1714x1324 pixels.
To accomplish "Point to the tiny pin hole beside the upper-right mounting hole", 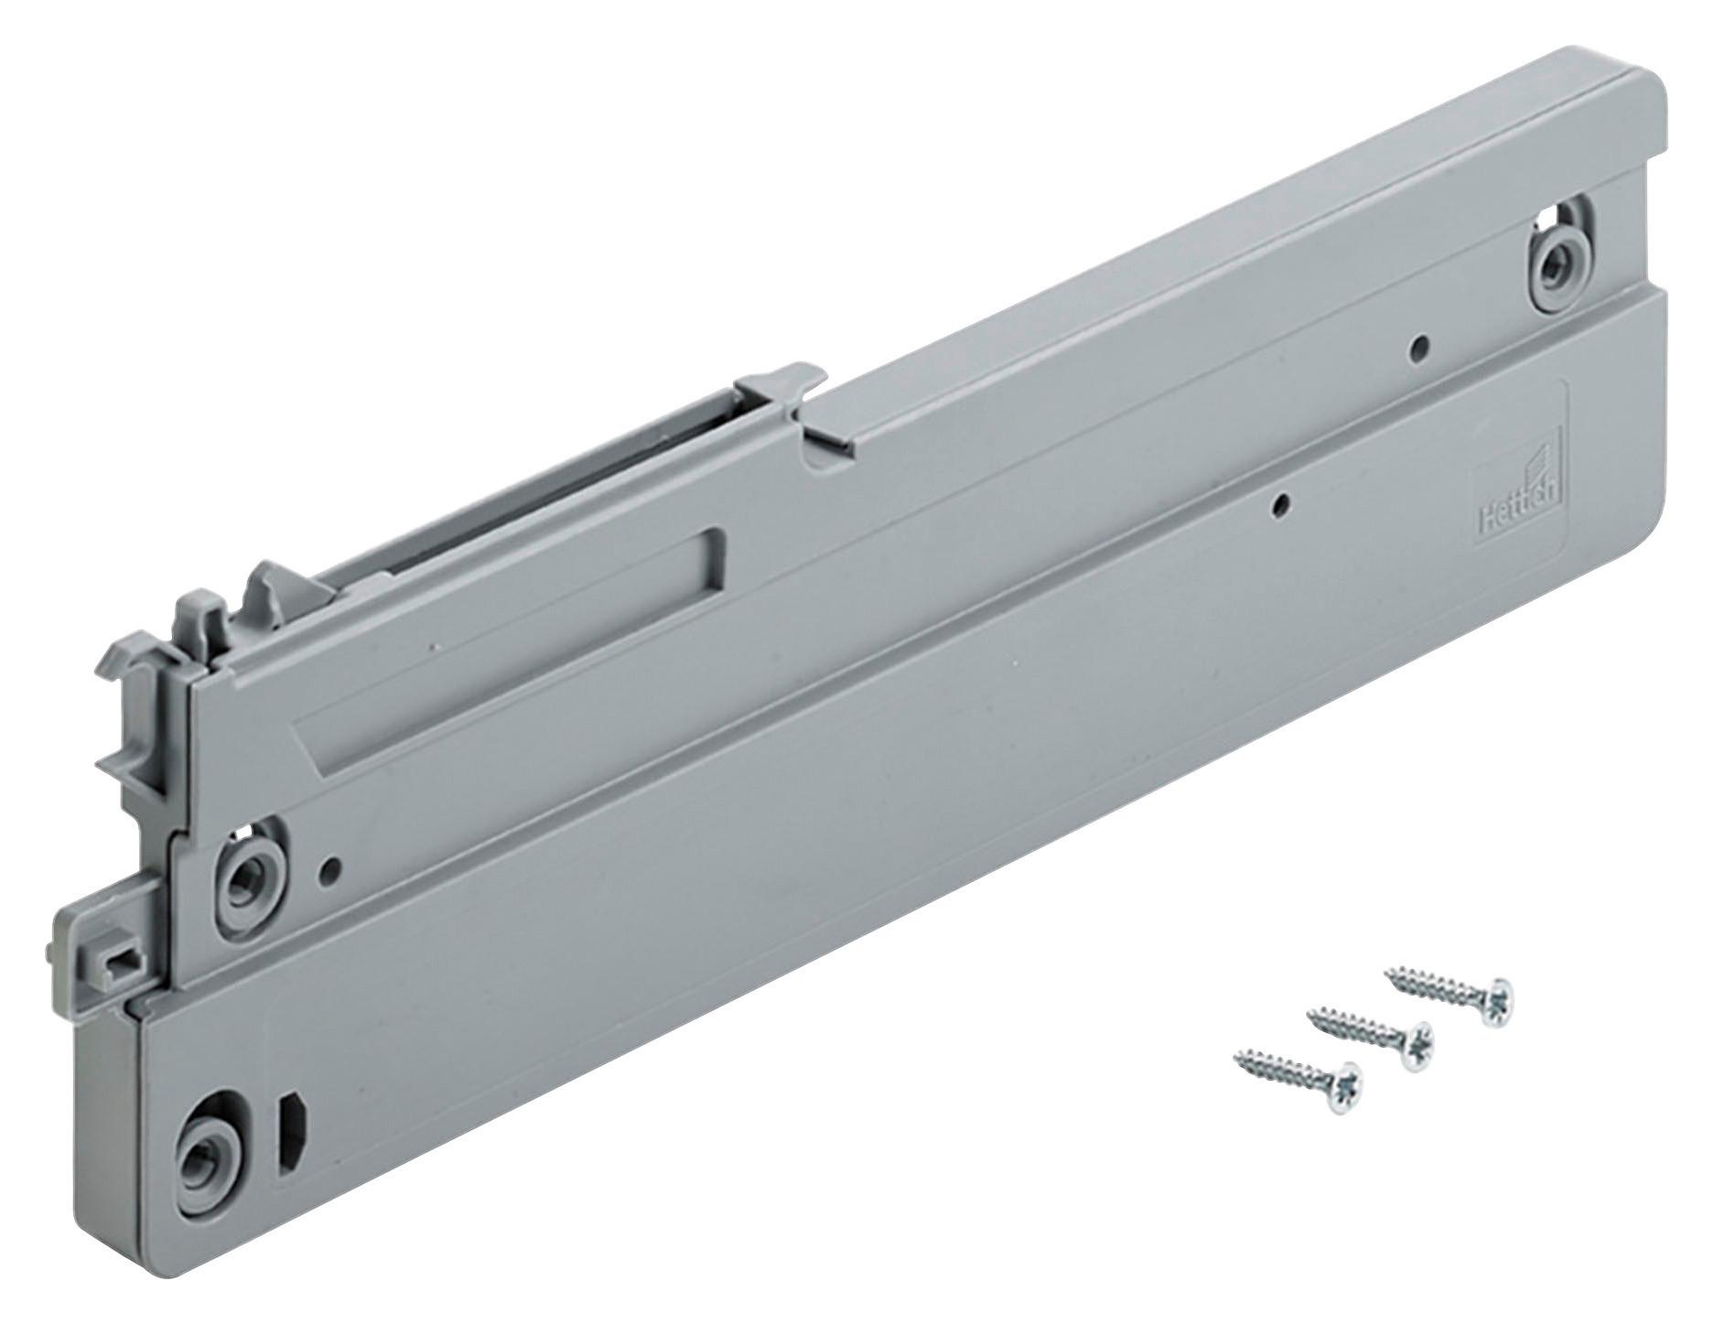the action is (x=1418, y=346).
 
